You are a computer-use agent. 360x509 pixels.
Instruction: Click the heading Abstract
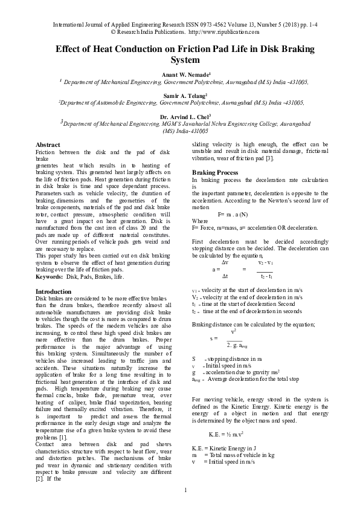pyautogui.click(x=48, y=145)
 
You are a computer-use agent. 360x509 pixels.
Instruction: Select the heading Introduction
pyautogui.click(x=54, y=291)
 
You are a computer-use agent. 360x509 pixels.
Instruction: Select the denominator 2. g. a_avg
pyautogui.click(x=239, y=344)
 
